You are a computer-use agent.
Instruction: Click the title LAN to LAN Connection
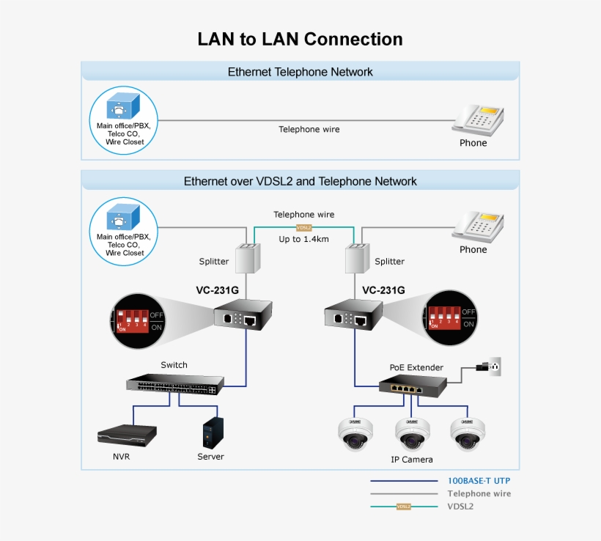click(x=300, y=39)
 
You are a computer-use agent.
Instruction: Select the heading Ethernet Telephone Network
click(x=300, y=72)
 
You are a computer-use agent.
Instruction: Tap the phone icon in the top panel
click(x=477, y=118)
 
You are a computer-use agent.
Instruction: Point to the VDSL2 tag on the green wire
click(x=303, y=227)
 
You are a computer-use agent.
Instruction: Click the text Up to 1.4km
click(x=303, y=240)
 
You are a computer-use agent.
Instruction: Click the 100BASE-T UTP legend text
click(x=479, y=481)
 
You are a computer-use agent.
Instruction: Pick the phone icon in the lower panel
click(x=477, y=225)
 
